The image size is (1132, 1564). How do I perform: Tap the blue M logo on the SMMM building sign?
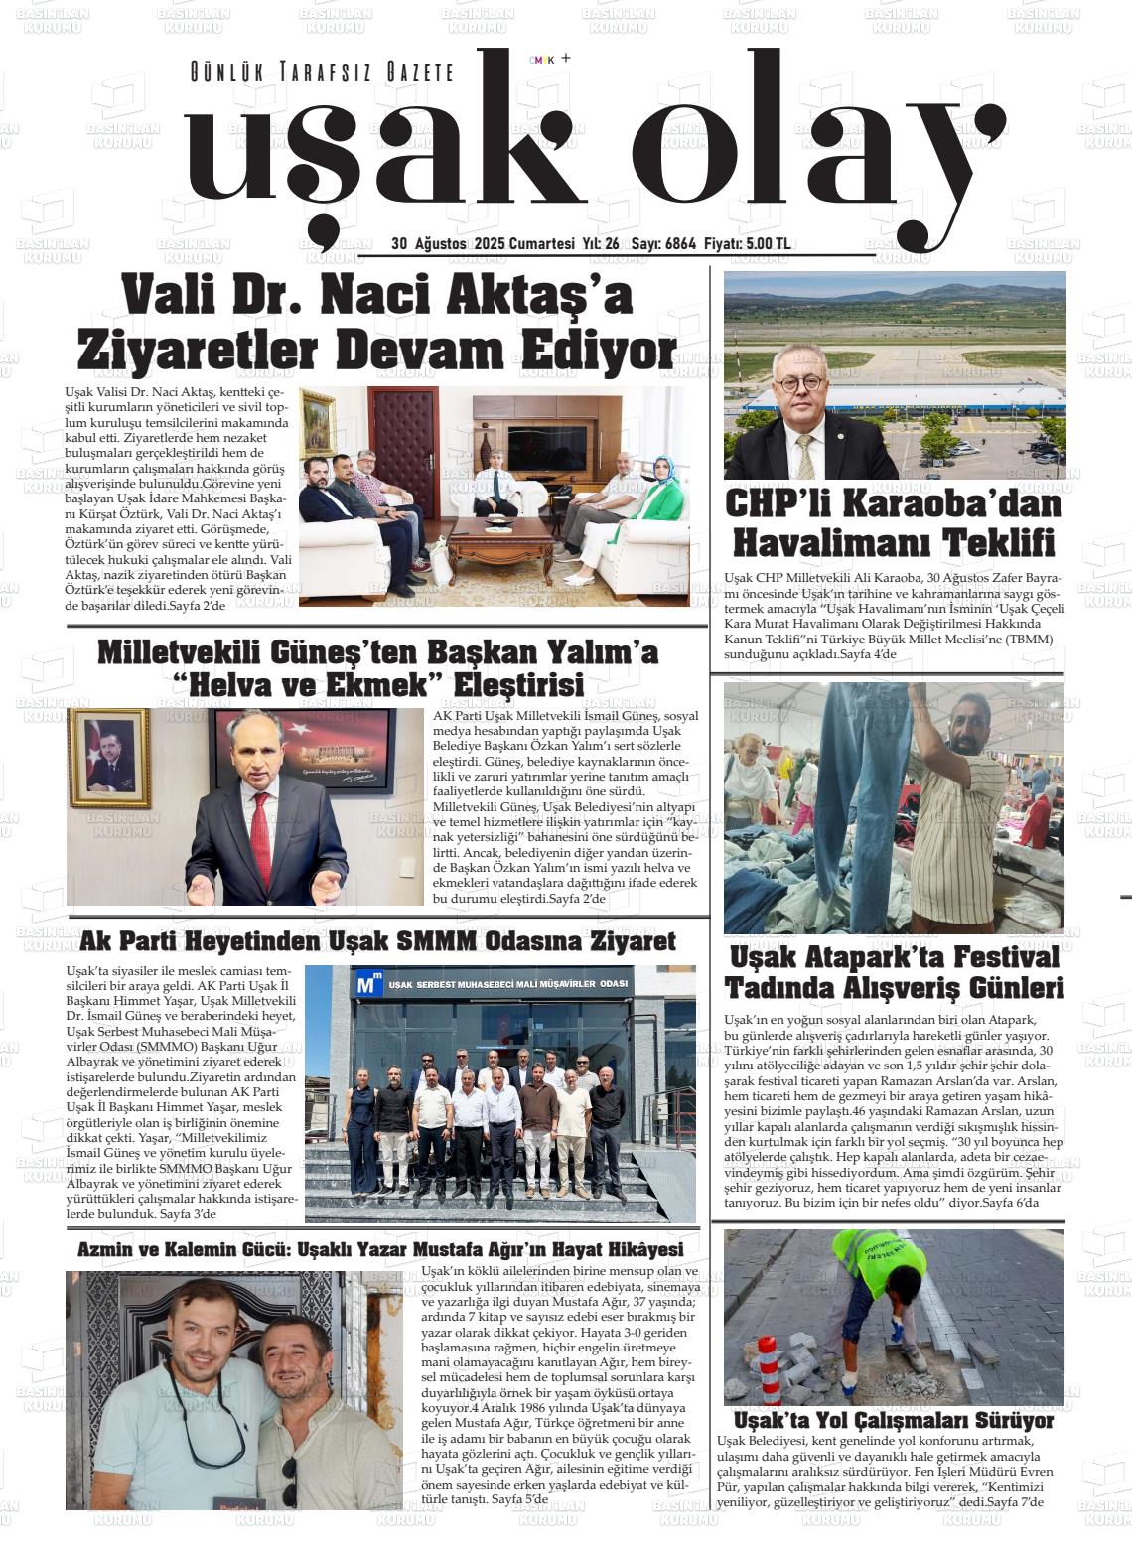pyautogui.click(x=368, y=984)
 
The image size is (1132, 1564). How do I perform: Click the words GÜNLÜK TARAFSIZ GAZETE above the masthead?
pyautogui.click(x=322, y=72)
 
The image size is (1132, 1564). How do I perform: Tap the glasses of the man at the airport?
pyautogui.click(x=805, y=376)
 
